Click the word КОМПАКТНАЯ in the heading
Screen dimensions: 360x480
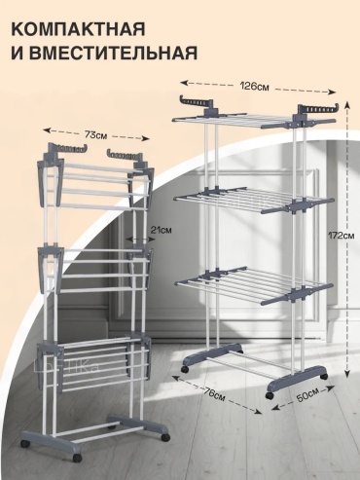78,29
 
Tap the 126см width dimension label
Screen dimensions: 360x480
254,87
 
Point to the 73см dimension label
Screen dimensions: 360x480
96,134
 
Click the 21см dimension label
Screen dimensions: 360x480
161,230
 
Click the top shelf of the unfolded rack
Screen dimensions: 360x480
254,121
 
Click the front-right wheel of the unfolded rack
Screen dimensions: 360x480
270,395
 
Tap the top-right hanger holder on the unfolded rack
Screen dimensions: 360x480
318,110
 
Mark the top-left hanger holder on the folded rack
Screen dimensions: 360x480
68,148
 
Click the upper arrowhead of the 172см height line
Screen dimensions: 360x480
346,104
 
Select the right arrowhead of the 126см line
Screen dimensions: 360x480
332,92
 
